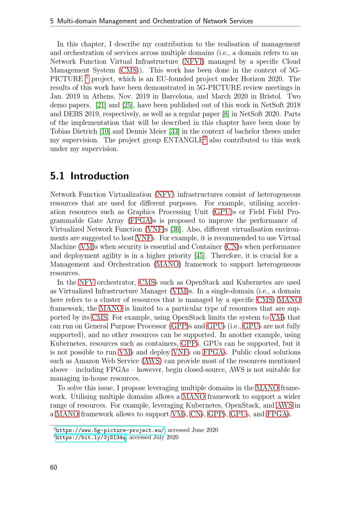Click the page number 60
(54, 467)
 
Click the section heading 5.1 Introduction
(89, 176)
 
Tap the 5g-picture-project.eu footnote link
(110, 430)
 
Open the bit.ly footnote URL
(91, 437)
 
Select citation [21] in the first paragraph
(101, 105)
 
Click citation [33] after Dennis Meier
(175, 131)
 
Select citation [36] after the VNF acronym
(176, 229)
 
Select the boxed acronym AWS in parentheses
(152, 361)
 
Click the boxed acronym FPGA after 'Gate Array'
(140, 221)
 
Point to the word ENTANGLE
(183, 140)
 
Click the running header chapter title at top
(151, 21)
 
